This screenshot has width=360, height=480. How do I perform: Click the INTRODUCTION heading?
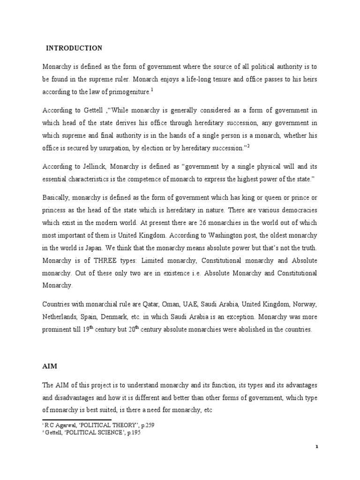point(73,48)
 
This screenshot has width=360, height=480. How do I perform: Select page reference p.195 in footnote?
point(131,433)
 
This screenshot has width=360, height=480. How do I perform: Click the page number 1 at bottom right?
point(317,447)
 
